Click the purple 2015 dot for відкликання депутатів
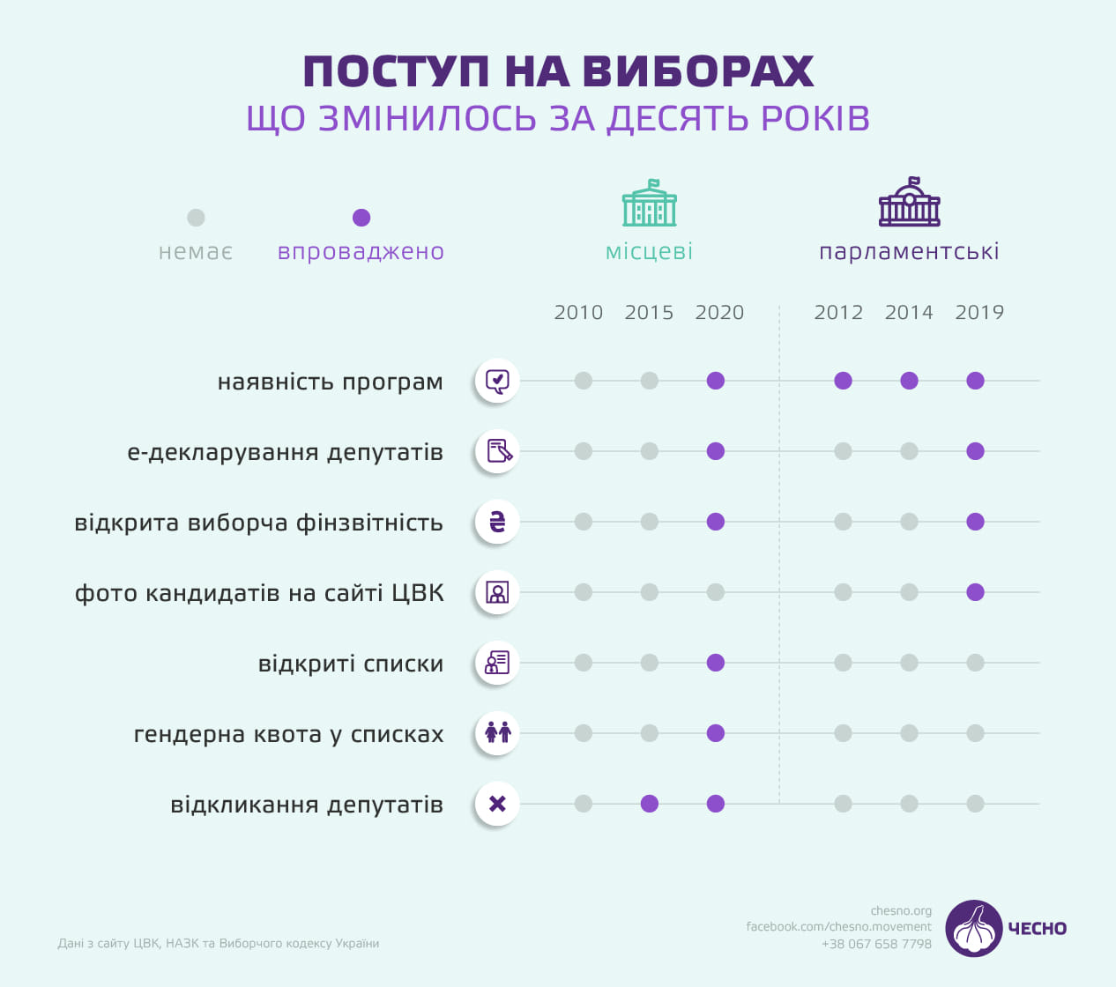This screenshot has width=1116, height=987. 650,804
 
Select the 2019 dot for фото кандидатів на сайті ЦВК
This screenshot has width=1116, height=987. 975,592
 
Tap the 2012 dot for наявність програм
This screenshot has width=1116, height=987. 844,381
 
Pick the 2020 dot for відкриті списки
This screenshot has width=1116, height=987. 716,663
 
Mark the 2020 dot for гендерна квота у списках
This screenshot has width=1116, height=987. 716,733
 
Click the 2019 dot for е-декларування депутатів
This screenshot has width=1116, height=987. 975,451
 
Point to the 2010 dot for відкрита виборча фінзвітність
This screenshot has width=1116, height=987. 584,522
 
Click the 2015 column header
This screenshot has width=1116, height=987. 649,313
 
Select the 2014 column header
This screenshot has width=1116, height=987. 909,313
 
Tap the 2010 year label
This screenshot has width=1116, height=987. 578,313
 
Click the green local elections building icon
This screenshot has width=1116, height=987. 650,204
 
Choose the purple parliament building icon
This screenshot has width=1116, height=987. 910,203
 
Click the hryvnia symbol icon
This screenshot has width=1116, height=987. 497,522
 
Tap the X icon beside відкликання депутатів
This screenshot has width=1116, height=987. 497,804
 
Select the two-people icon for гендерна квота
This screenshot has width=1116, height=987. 497,733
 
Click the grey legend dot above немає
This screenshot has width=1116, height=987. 196,218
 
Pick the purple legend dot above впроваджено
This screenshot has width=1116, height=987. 361,218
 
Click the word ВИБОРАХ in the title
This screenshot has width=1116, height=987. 698,72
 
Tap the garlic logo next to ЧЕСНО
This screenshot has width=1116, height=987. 973,928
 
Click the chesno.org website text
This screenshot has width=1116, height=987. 901,911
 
